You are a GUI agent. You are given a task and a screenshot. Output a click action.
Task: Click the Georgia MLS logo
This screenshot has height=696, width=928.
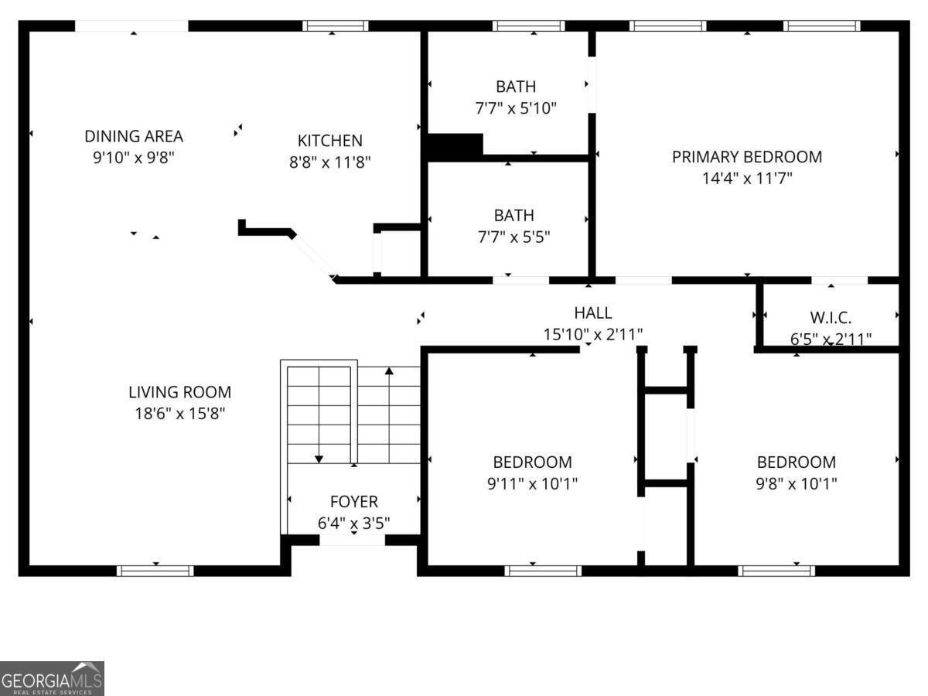52,678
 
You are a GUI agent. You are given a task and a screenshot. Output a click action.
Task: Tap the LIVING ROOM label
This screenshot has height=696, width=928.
179,393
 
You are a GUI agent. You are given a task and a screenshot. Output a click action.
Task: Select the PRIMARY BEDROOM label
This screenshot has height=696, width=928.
746,157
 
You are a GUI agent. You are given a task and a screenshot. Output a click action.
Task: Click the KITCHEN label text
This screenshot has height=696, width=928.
329,141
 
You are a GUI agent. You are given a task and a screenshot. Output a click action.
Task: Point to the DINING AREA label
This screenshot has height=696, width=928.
134,137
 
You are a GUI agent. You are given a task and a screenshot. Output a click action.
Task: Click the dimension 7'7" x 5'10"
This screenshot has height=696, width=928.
515,108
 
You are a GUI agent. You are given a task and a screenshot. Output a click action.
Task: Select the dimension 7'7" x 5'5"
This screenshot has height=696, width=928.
513,237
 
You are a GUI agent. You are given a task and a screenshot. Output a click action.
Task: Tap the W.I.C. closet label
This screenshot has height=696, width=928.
831,318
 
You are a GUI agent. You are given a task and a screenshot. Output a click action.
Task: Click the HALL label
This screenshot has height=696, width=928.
593,313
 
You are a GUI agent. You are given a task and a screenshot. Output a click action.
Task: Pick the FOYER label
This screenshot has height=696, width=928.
353,502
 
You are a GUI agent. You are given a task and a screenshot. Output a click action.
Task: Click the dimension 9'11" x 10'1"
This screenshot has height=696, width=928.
533,484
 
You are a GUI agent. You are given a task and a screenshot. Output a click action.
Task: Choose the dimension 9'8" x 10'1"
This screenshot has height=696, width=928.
796,484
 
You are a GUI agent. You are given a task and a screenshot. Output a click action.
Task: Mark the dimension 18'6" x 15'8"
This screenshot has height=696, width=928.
179,414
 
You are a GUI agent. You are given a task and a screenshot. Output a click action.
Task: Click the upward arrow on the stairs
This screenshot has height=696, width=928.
389,372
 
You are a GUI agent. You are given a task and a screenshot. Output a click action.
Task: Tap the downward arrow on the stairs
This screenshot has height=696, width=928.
319,459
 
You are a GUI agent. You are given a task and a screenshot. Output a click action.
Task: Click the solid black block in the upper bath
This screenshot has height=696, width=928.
455,145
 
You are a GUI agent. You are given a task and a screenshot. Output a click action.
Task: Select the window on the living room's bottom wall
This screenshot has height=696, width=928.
155,571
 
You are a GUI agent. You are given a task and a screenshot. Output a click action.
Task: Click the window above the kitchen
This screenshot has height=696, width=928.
335,26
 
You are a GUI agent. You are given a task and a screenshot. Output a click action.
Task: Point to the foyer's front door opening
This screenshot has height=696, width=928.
352,540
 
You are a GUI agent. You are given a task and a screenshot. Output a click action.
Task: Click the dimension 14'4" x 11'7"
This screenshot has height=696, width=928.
746,178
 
